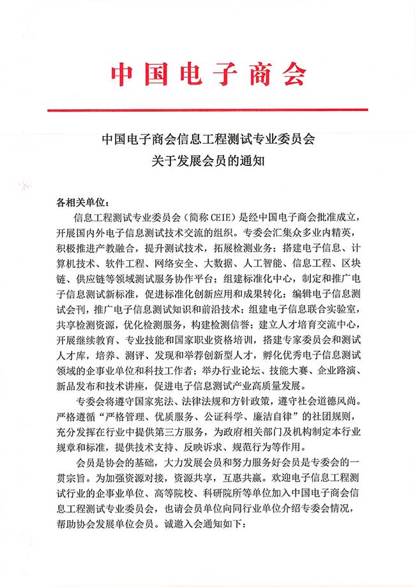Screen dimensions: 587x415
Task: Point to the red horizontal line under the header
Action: tap(207, 110)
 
